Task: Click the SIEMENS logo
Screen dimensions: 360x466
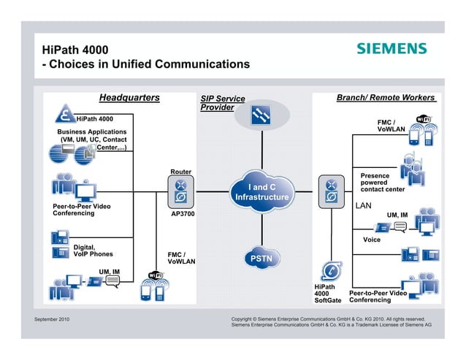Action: click(x=391, y=49)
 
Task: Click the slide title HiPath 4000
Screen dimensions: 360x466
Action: click(x=75, y=50)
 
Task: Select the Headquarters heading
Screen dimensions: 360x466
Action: click(x=129, y=98)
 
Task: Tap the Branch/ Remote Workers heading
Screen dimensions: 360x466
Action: click(x=385, y=98)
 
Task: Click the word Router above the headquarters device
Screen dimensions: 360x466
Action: click(x=180, y=172)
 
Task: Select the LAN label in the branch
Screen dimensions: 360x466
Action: click(x=364, y=206)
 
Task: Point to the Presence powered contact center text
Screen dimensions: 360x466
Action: click(x=382, y=183)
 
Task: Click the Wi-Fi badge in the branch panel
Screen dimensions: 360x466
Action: click(x=424, y=119)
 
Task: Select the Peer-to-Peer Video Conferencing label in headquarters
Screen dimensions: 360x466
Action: click(x=81, y=210)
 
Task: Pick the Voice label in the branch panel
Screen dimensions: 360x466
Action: click(x=372, y=240)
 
